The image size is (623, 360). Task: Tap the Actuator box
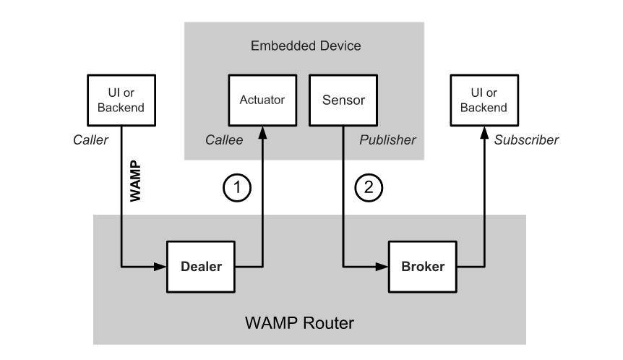coord(262,100)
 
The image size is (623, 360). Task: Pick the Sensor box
coord(343,100)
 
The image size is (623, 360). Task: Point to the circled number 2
coord(369,188)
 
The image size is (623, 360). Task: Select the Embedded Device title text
coord(305,46)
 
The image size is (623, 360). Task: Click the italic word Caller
coord(90,140)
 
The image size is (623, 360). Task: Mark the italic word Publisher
coord(389,140)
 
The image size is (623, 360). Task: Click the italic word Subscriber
coord(526,140)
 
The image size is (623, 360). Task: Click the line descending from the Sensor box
coord(343,195)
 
